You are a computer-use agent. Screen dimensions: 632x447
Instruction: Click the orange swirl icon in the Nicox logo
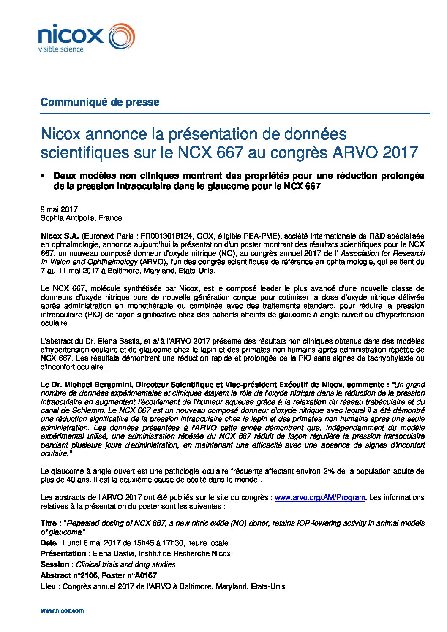coord(122,36)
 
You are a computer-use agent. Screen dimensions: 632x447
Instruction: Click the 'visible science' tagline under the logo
coord(61,49)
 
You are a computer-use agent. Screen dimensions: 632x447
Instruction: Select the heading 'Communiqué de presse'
coord(100,102)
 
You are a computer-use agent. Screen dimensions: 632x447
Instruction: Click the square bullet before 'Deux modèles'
coord(43,175)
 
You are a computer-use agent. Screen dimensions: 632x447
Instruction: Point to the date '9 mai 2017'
coord(59,209)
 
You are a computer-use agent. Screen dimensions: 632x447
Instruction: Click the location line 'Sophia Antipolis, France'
coord(81,218)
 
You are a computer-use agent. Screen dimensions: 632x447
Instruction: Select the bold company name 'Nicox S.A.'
coord(60,236)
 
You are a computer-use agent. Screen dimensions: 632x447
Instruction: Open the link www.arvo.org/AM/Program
coord(319,497)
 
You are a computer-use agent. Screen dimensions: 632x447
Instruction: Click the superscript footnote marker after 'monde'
coord(259,477)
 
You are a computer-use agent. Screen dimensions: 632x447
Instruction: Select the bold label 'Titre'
coord(48,523)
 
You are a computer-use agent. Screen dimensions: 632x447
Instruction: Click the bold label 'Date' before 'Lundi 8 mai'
coord(48,543)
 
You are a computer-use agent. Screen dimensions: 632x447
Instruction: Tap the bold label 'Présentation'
coord(63,553)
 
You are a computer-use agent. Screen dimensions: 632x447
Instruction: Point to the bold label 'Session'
coord(55,564)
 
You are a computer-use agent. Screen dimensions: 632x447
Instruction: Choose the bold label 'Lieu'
coord(48,586)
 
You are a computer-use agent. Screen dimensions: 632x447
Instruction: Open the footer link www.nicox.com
coord(62,610)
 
